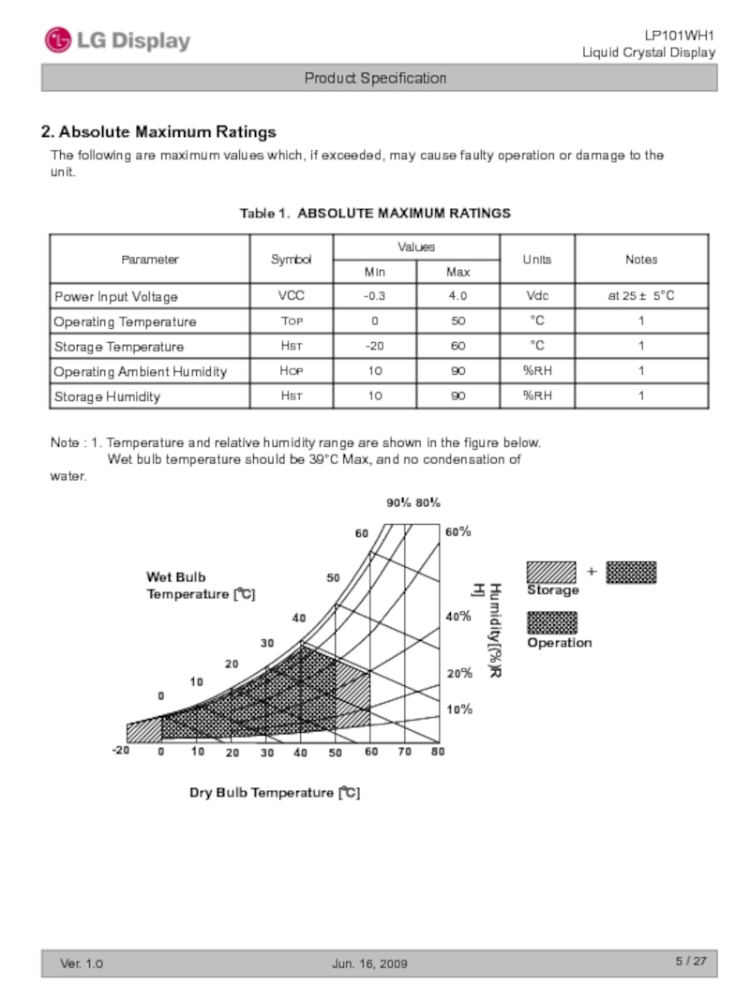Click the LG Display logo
(x=117, y=40)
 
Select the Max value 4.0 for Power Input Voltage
(x=457, y=296)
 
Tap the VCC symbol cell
(x=291, y=296)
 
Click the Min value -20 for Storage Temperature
(x=374, y=347)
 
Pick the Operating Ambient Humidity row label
(x=140, y=372)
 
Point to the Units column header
(x=537, y=260)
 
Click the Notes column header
(x=641, y=260)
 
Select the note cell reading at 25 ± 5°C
(x=641, y=296)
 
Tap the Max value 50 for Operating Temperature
(x=457, y=321)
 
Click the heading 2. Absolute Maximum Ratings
(x=158, y=132)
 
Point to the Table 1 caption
(x=375, y=214)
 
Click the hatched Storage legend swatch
(x=551, y=572)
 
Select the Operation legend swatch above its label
(x=551, y=622)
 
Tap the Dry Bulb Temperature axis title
(x=275, y=793)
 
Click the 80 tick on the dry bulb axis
(x=438, y=752)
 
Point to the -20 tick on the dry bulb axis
(x=120, y=752)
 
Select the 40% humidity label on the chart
(x=458, y=618)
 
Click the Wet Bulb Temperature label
(x=200, y=586)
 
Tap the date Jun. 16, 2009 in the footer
(x=370, y=964)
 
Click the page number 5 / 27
(x=691, y=963)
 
